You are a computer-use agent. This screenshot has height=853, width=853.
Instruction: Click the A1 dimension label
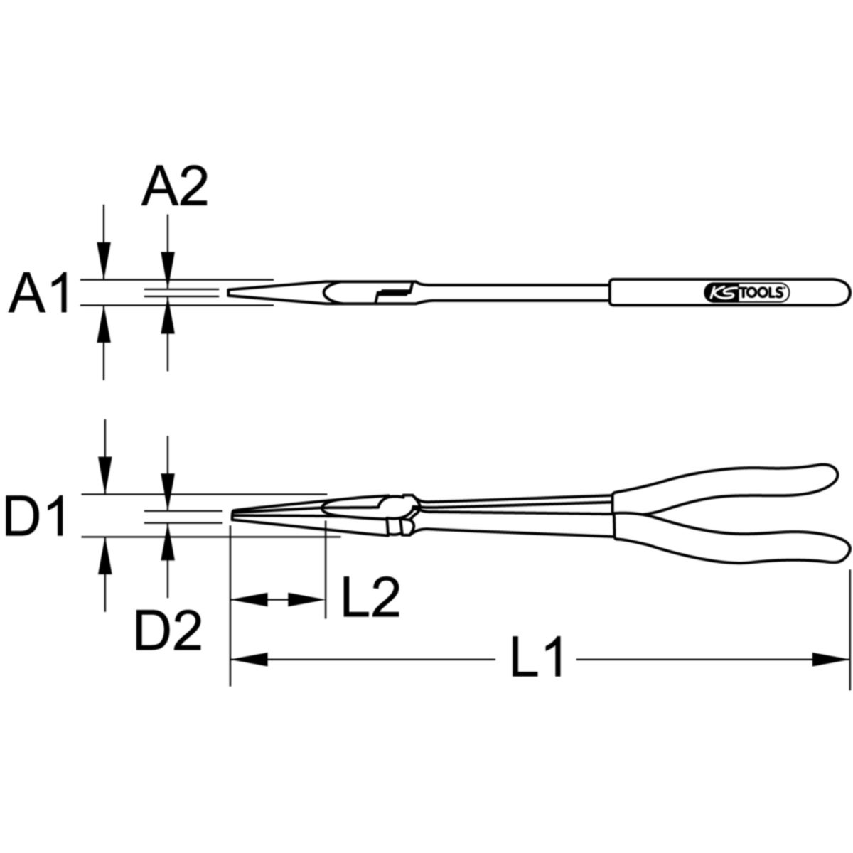coord(39,293)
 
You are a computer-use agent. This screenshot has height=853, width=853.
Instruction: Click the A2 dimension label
coord(174,186)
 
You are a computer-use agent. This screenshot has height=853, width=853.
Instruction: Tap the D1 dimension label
coord(36,515)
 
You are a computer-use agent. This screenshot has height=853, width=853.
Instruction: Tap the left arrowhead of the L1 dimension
coord(249,672)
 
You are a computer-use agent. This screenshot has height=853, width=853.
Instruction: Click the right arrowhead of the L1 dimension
coord(831,672)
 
